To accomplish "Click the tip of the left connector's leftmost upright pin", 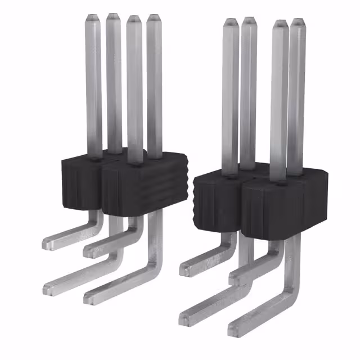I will pos(93,17).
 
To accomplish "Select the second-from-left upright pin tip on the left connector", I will pos(113,16).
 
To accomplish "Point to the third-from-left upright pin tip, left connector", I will pos(134,19).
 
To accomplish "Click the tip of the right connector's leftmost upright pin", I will pos(230,22).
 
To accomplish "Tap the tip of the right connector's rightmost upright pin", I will pos(296,23).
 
